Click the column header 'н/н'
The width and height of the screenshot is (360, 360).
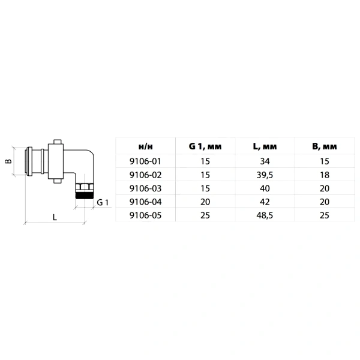tap(146, 146)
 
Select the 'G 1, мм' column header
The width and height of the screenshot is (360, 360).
tap(205, 146)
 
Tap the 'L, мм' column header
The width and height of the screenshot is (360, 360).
tap(265, 146)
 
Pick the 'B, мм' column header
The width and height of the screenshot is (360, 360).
tap(325, 146)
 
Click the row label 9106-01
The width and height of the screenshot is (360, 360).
tap(145, 161)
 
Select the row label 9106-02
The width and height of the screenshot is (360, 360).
tap(145, 175)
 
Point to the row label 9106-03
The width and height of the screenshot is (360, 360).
tap(145, 188)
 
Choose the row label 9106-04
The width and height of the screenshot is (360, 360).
tap(145, 202)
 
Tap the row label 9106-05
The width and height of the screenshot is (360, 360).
tap(145, 215)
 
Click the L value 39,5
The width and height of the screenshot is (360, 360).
tap(265, 175)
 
